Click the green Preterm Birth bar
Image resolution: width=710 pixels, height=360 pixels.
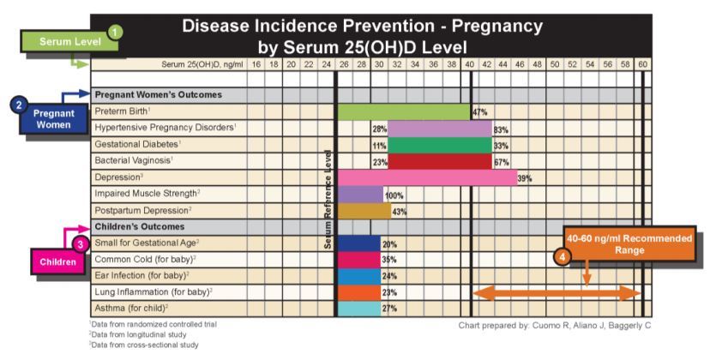point(403,111)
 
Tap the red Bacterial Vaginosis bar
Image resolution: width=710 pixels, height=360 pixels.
point(439,161)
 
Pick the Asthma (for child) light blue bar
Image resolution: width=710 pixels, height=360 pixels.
point(358,309)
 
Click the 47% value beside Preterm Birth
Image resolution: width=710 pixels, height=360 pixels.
point(479,111)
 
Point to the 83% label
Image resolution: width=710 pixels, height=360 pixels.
point(501,129)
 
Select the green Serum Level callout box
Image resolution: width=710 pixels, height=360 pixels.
point(58,41)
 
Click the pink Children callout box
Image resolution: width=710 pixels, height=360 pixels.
point(58,262)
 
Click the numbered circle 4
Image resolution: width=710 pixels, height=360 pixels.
point(563,255)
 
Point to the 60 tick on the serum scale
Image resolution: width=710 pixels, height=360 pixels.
point(642,63)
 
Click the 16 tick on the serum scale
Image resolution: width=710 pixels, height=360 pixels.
point(256,63)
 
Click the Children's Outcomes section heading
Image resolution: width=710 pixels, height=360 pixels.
point(139,227)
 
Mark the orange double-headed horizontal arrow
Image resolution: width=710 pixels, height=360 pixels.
point(557,292)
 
